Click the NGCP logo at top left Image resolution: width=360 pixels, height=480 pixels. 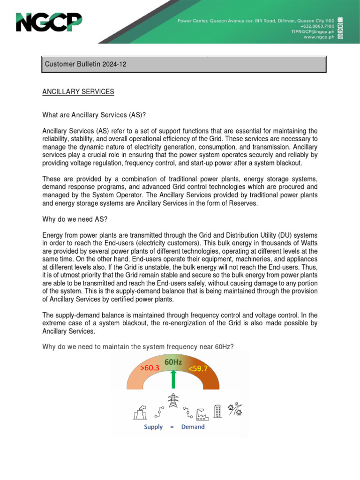point(49,22)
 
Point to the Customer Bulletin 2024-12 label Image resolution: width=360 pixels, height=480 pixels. point(84,64)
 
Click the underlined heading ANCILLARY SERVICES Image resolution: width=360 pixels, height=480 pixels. point(78,92)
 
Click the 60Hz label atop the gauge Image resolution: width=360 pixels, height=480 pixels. point(173,362)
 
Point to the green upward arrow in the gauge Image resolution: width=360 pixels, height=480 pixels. point(173,378)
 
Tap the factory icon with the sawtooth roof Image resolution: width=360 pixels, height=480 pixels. point(202,413)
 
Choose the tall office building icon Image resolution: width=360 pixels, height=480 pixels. point(217,411)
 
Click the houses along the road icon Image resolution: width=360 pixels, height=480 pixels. point(235,409)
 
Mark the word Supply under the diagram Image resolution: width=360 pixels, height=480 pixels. point(153,427)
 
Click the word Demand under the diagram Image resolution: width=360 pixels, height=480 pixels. point(193,427)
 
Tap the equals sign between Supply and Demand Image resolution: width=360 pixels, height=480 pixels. point(172,427)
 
